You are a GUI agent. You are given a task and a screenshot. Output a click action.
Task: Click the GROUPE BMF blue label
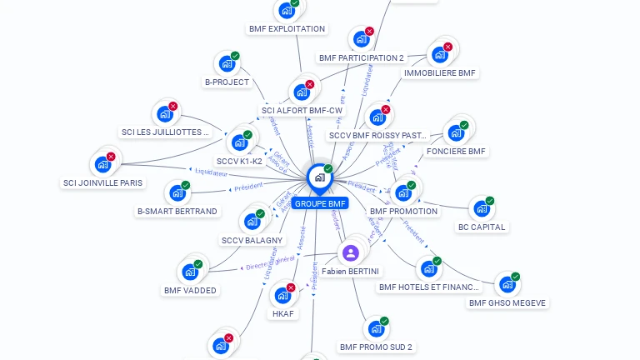click(x=320, y=203)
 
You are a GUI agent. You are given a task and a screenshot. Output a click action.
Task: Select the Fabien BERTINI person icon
click(x=351, y=252)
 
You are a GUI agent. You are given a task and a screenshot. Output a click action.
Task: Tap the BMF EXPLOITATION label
click(x=287, y=28)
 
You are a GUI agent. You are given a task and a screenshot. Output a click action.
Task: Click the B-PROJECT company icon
click(x=227, y=63)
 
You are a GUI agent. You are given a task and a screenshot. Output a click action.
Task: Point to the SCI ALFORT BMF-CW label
click(x=302, y=110)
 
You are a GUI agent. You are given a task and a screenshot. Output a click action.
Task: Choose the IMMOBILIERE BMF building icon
click(x=439, y=55)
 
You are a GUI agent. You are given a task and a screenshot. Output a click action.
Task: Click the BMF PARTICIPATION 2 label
click(x=361, y=58)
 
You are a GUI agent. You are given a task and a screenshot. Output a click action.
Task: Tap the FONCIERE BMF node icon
click(x=455, y=132)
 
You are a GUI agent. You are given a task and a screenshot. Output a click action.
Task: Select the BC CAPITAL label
click(x=482, y=227)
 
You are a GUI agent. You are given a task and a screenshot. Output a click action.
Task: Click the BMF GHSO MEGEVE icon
click(x=507, y=285)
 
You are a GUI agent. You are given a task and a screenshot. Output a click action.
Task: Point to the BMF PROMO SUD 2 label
click(x=376, y=347)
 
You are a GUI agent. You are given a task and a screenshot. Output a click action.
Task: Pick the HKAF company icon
click(x=282, y=295)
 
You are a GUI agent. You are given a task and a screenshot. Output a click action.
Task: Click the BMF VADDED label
click(x=190, y=290)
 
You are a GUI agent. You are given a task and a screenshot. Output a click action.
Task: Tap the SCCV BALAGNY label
click(x=252, y=240)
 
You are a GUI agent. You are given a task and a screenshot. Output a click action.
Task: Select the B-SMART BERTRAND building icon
click(x=177, y=192)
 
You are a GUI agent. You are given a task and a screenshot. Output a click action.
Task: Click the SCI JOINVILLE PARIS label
click(x=102, y=182)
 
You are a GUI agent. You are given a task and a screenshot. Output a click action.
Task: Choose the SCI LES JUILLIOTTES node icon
click(x=165, y=113)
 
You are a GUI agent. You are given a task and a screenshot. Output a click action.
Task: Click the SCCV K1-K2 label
click(x=239, y=161)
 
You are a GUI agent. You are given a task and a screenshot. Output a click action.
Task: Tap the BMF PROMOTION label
click(x=403, y=211)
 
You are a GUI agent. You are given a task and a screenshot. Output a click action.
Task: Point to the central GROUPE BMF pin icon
click(x=319, y=177)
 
